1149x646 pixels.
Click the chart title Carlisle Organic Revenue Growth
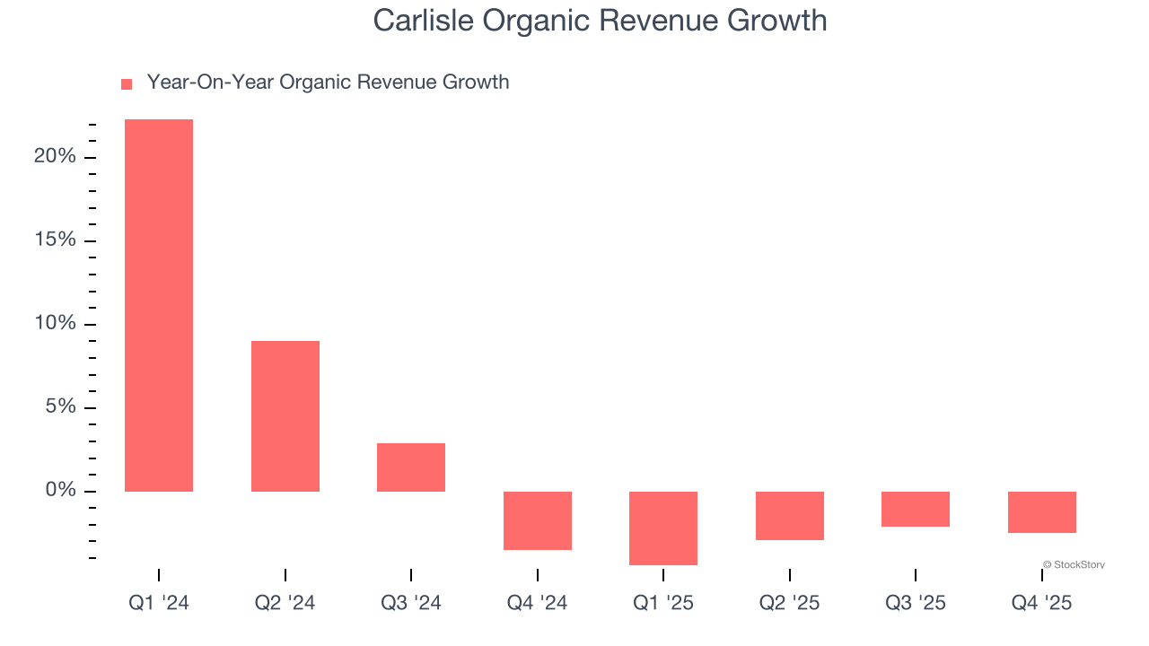pyautogui.click(x=600, y=20)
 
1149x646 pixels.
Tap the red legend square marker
pyautogui.click(x=127, y=83)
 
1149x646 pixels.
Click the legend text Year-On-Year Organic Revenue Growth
pyautogui.click(x=328, y=83)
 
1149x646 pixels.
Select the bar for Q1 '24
pyautogui.click(x=159, y=305)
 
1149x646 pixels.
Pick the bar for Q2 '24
pyautogui.click(x=285, y=416)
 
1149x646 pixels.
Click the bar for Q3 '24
pyautogui.click(x=411, y=467)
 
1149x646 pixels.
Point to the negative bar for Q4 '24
pyautogui.click(x=537, y=520)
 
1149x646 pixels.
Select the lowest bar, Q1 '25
pyautogui.click(x=663, y=528)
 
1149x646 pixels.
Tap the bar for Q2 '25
pyautogui.click(x=789, y=516)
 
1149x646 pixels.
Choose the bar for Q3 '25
pyautogui.click(x=916, y=509)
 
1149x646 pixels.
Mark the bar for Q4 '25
pyautogui.click(x=1041, y=512)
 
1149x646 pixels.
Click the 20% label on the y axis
pyautogui.click(x=55, y=157)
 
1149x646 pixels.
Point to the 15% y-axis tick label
pyautogui.click(x=55, y=240)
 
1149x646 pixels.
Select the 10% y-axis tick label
pyautogui.click(x=55, y=324)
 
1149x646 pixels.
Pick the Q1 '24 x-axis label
pyautogui.click(x=159, y=603)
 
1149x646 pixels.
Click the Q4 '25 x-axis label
pyautogui.click(x=1041, y=603)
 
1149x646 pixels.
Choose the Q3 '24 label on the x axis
pyautogui.click(x=411, y=603)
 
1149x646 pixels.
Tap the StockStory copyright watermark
pyautogui.click(x=1074, y=565)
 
